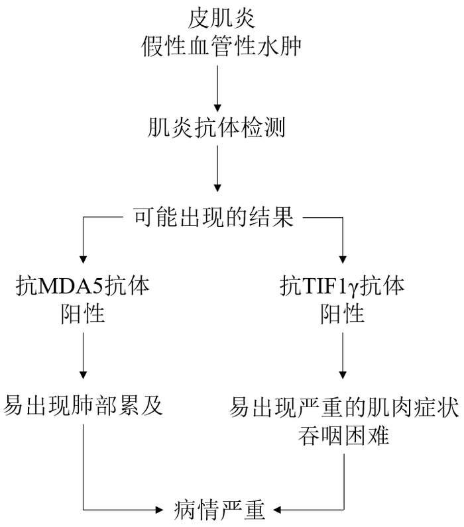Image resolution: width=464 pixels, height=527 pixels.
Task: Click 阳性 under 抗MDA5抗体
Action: [x=82, y=313]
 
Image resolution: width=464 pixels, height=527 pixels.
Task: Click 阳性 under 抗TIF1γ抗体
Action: [x=343, y=313]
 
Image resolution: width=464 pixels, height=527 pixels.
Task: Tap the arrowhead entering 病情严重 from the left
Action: [x=159, y=510]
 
